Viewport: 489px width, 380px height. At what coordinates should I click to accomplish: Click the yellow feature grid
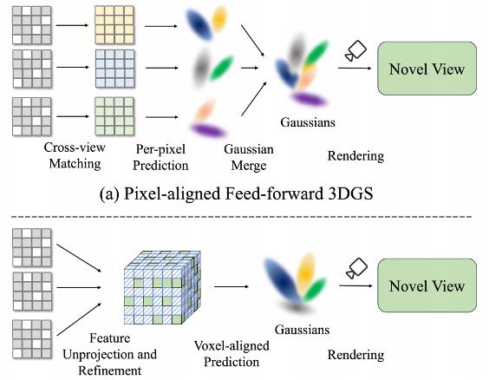tap(114, 25)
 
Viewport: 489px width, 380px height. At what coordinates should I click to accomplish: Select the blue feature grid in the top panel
tap(114, 69)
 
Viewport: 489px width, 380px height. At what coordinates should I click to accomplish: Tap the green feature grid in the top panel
tap(114, 116)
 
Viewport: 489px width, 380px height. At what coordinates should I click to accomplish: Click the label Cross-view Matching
tap(75, 155)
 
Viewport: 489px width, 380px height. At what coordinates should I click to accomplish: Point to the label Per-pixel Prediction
tap(160, 157)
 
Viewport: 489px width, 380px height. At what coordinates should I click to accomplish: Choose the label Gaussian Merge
tap(249, 157)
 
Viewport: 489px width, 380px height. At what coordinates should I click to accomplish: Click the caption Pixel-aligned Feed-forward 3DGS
tap(236, 193)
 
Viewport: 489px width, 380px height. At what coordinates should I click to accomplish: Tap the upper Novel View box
tap(427, 69)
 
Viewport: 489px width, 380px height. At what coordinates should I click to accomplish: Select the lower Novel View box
tap(427, 285)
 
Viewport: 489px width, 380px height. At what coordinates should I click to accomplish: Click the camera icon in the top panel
tap(355, 50)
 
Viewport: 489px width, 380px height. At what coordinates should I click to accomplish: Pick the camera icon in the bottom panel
tap(356, 268)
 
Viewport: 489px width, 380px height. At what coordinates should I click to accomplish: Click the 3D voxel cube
tap(162, 287)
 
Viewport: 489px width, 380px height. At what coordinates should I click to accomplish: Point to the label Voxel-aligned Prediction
tap(231, 354)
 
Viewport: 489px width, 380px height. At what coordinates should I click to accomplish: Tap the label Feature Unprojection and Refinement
tap(110, 354)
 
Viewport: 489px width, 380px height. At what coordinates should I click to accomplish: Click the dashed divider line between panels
tap(241, 217)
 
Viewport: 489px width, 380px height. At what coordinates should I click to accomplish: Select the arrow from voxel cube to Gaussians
tap(231, 286)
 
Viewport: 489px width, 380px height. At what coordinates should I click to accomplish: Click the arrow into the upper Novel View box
tap(355, 68)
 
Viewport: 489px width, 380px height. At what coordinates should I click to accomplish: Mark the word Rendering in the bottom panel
tap(355, 355)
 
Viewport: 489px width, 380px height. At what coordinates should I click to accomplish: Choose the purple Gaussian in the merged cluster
tap(309, 99)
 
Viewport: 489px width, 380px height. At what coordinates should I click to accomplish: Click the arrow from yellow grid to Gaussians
tap(161, 26)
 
